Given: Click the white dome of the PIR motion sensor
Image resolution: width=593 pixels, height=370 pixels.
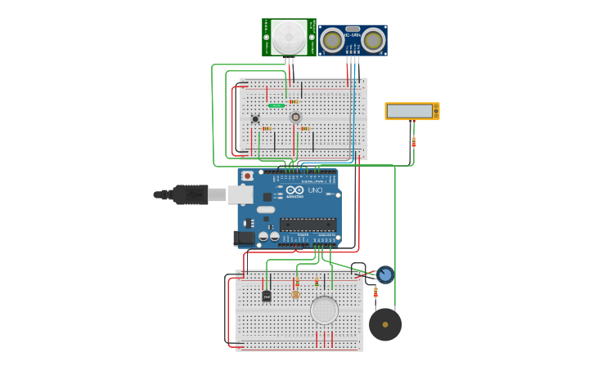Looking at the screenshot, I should [x=288, y=37].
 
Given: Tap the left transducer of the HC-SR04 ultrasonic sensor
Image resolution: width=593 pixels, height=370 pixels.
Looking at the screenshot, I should [x=333, y=39].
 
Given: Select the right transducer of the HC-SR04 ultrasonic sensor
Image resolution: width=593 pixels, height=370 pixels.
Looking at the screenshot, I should [x=373, y=39].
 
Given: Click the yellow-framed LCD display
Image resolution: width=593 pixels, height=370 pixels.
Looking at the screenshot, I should [x=412, y=111].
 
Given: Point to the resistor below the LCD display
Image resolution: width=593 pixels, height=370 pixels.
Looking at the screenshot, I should [x=413, y=141].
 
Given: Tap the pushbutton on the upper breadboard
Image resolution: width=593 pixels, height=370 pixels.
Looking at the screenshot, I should [x=255, y=119].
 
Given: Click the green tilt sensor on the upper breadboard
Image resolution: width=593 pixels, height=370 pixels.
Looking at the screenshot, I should [x=276, y=105].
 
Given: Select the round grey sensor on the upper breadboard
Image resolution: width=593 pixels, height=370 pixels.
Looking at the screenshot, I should [x=296, y=117].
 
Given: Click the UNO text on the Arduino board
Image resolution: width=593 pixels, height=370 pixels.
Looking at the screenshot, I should [x=315, y=190].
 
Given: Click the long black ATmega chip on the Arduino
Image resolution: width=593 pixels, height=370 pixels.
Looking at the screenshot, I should [x=308, y=224].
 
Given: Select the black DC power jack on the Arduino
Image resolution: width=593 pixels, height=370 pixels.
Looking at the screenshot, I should [x=244, y=238].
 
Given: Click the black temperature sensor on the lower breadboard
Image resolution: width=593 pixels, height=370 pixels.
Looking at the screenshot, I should [x=267, y=296].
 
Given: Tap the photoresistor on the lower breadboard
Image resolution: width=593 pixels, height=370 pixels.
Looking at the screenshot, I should [x=295, y=294].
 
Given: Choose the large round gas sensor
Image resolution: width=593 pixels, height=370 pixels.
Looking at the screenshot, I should [x=324, y=310].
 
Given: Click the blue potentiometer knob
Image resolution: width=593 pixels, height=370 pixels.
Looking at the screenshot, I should [x=385, y=274].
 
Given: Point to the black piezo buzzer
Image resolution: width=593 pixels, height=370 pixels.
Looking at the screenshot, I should [x=385, y=324].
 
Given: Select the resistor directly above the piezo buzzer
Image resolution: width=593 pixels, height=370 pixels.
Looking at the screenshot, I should [x=375, y=292].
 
